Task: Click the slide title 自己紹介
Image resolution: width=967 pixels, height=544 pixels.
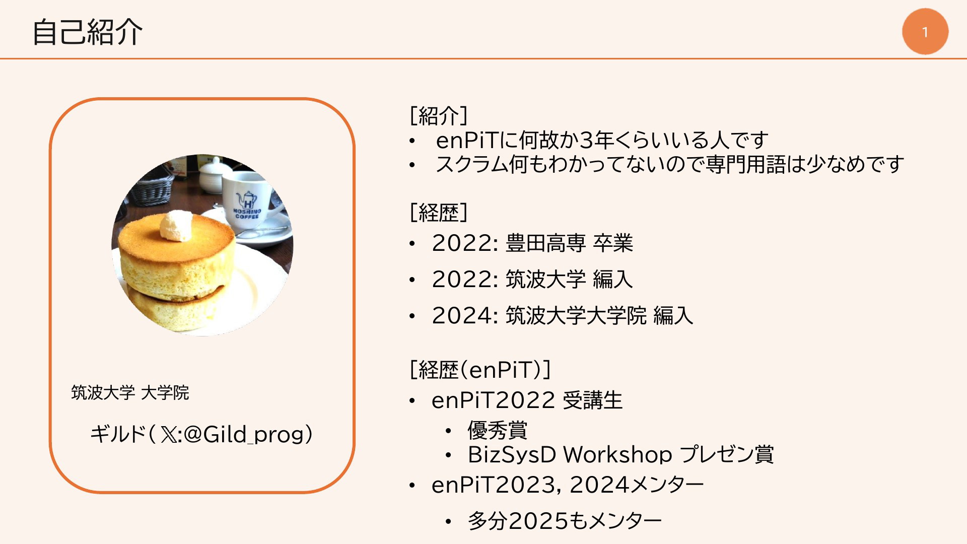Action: (88, 32)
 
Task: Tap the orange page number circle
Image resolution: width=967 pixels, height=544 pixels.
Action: (925, 31)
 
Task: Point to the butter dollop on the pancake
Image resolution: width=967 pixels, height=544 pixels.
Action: (176, 226)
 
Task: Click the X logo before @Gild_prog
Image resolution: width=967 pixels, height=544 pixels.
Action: (169, 434)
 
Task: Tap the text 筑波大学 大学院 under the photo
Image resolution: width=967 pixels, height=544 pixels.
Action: (130, 392)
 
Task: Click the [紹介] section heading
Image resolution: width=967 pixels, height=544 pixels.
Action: (439, 115)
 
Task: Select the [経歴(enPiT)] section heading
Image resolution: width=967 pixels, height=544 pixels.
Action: (480, 370)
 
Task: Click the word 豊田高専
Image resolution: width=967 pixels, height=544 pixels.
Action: (545, 243)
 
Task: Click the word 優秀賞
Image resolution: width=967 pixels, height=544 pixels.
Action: (497, 430)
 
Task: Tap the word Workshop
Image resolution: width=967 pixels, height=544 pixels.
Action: (617, 455)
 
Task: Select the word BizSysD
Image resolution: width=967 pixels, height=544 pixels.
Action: (512, 455)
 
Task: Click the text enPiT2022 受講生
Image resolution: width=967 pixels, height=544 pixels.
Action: (527, 400)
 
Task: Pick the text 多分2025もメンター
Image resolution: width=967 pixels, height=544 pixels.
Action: (565, 521)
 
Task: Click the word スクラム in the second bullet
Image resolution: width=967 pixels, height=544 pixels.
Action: (472, 164)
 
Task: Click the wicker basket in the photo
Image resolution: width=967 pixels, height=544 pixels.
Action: (146, 189)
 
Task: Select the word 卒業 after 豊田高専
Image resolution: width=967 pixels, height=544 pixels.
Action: (613, 243)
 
